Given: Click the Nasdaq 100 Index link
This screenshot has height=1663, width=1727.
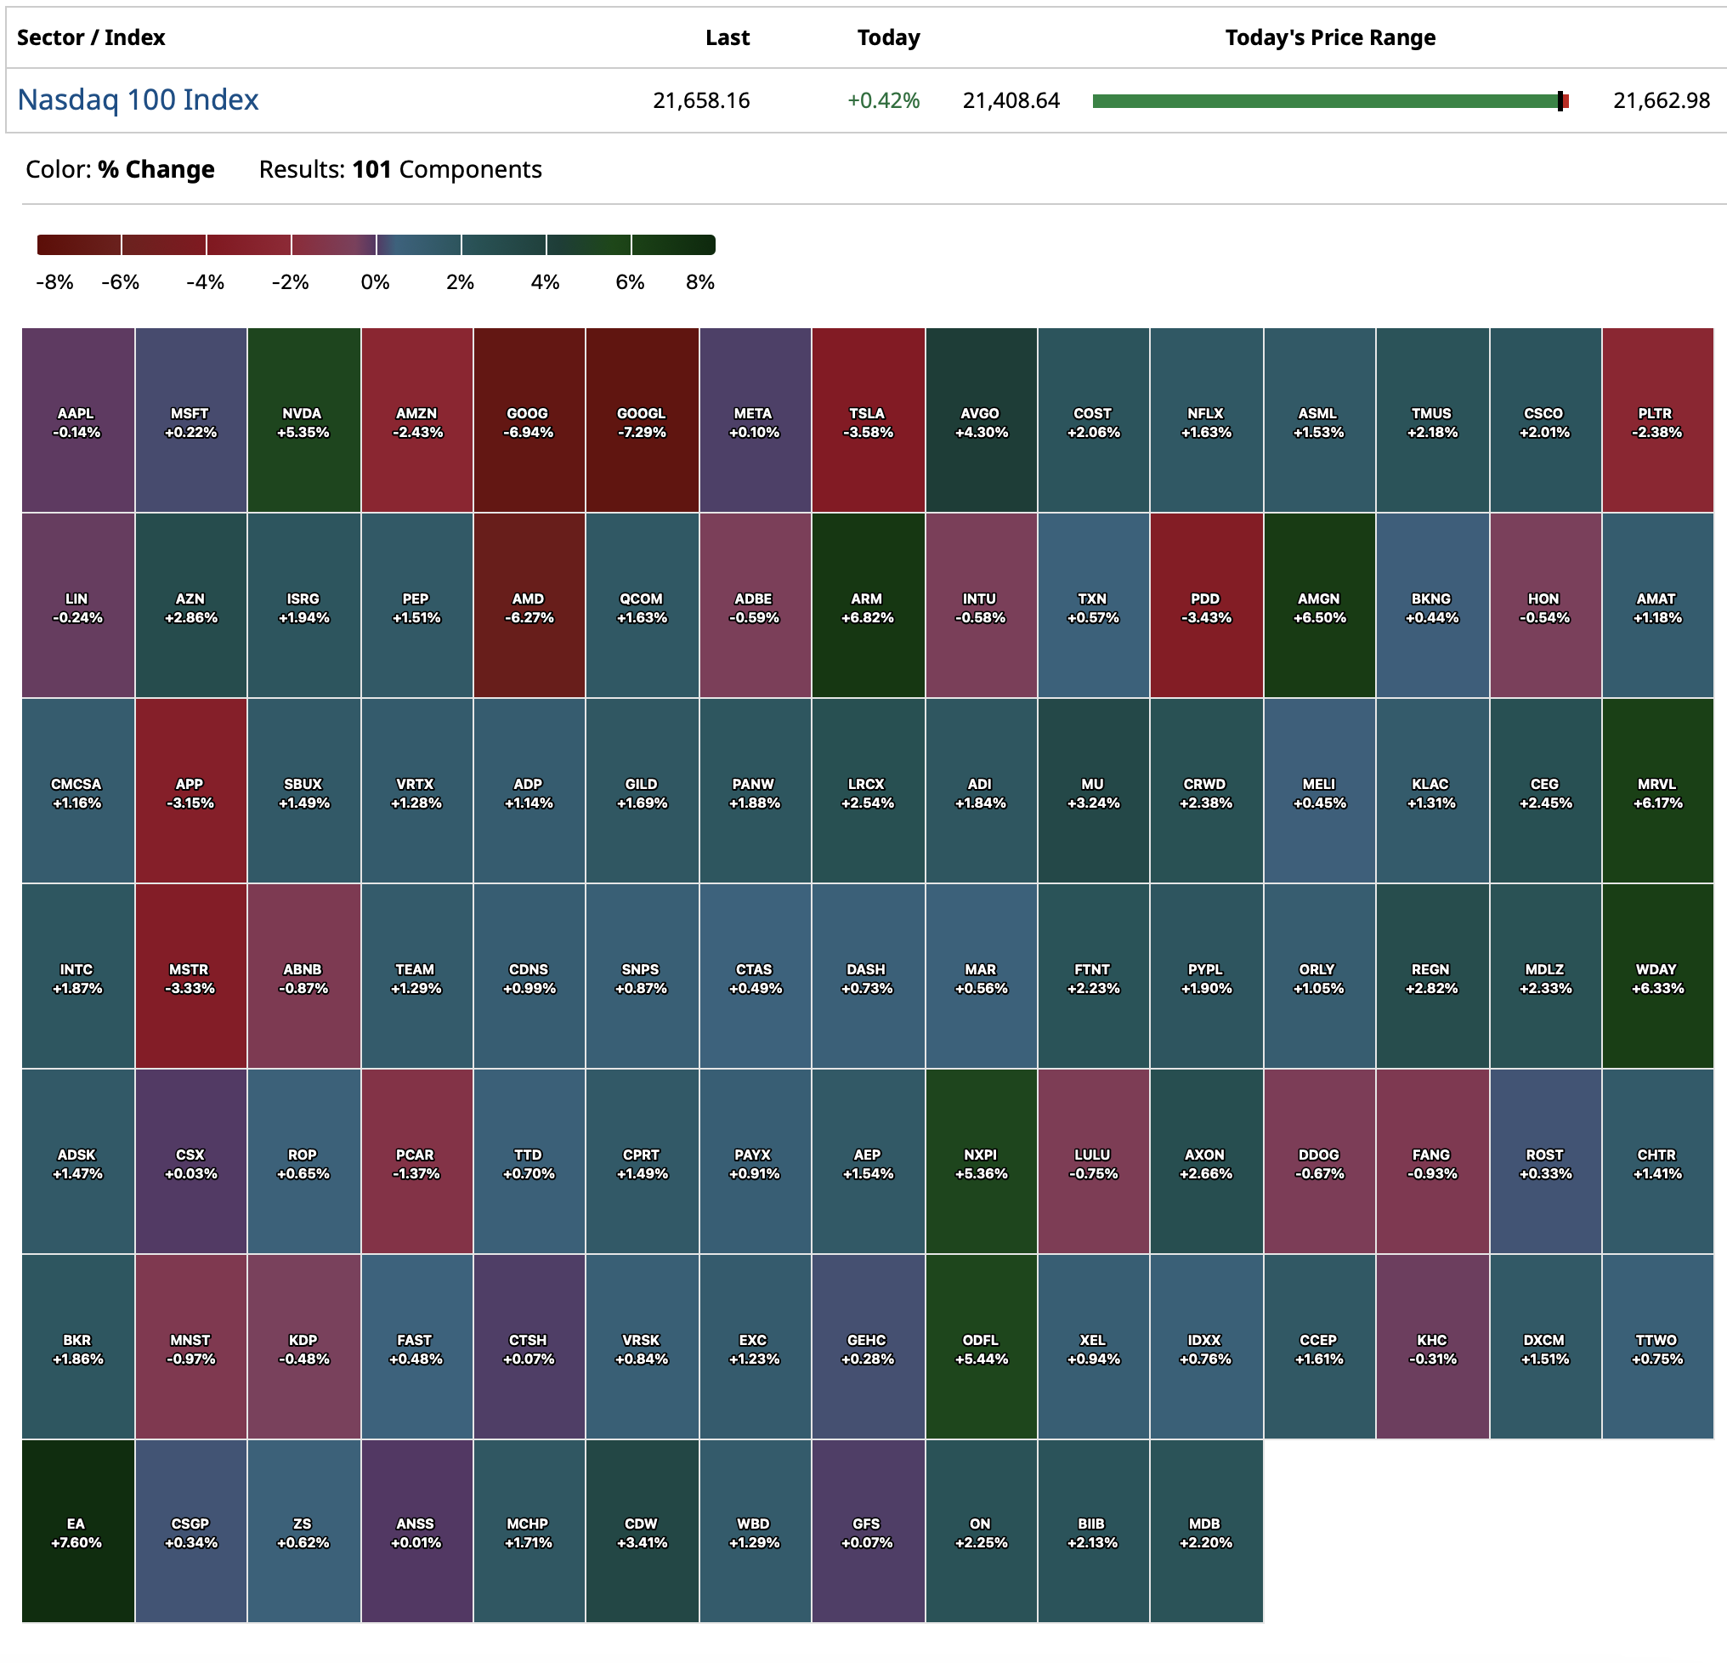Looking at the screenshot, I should coord(138,99).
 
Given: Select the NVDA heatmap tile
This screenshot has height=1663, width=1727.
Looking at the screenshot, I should coord(303,421).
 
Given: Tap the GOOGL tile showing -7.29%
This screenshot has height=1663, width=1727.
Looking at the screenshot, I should coord(642,421).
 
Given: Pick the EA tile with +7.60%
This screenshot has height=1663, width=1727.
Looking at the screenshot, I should coord(76,1532).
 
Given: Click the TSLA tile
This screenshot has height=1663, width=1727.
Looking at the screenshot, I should coord(867,421).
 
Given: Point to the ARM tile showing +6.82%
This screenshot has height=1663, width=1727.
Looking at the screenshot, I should coord(867,606).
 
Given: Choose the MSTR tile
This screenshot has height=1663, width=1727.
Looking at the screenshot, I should coord(190,978).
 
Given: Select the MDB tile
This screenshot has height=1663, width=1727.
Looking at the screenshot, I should coord(1205,1532).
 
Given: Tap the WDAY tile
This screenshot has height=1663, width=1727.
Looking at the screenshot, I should coord(1656,978).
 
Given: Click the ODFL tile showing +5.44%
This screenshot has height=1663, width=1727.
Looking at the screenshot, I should coord(981,1348).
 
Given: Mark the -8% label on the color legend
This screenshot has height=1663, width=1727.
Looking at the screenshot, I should coord(54,282).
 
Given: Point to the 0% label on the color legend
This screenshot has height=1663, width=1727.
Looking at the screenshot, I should coord(376,282).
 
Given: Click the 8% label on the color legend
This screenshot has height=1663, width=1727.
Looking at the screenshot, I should coord(699,282).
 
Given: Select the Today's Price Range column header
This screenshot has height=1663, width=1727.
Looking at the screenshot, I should coord(1329,38).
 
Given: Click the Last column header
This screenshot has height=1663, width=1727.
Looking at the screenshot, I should coord(727,38).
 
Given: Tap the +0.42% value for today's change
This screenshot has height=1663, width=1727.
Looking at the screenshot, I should coord(883,100).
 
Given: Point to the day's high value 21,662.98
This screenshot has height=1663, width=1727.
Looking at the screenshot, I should coord(1661,100).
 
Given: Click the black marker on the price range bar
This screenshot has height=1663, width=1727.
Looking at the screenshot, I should coord(1560,101).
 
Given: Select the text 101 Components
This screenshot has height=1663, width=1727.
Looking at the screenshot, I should coord(447,169).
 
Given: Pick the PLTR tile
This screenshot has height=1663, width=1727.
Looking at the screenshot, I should coord(1656,421).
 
